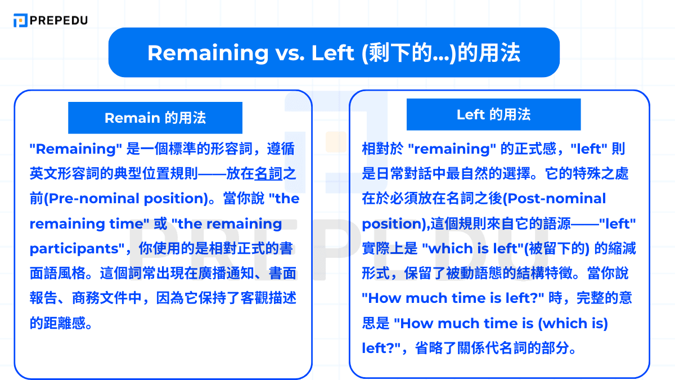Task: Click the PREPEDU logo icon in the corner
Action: pos(20,21)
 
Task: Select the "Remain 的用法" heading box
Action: pos(155,118)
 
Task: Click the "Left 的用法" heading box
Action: pos(493,114)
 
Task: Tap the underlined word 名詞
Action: pos(268,174)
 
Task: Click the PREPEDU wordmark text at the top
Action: pos(59,21)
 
